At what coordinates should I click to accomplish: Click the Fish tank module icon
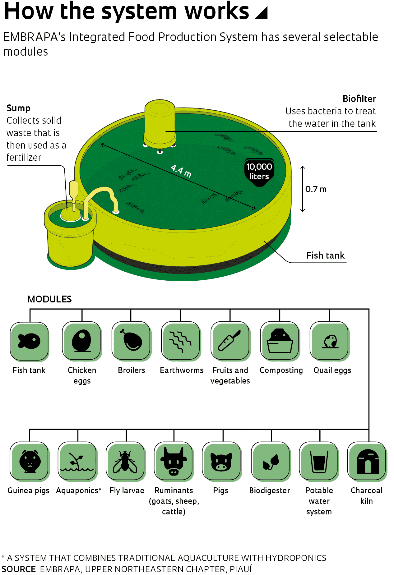(30, 341)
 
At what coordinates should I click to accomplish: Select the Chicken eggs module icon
(82, 341)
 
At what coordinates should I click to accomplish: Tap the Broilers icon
(131, 341)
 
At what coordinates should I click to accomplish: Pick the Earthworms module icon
(181, 341)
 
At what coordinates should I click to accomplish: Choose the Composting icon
(280, 341)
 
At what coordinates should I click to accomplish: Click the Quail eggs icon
(330, 341)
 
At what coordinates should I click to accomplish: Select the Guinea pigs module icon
(30, 462)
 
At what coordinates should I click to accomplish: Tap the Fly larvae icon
(126, 462)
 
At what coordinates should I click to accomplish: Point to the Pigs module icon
(222, 462)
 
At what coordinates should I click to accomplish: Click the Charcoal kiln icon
(367, 462)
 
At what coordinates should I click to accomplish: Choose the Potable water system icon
(319, 462)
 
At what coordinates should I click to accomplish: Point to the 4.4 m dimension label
(181, 171)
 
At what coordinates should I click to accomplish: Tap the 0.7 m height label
(316, 189)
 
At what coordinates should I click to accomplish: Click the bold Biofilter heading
(359, 99)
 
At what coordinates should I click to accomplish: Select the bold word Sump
(18, 108)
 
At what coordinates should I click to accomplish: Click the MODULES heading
(49, 299)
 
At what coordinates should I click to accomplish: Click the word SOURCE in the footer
(19, 569)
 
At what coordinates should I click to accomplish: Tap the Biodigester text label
(270, 490)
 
